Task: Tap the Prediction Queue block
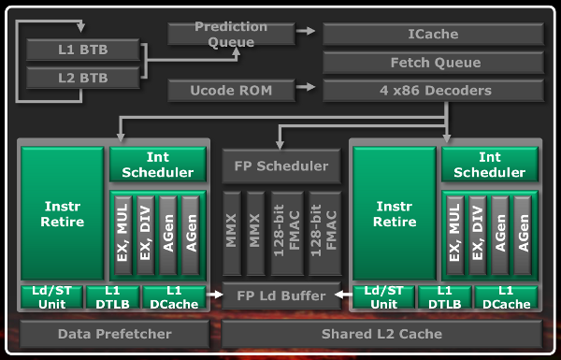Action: pos(230,34)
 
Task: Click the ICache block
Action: pos(433,35)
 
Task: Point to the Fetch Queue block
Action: pos(433,63)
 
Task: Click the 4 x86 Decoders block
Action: pos(433,91)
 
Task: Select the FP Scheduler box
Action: pos(280,166)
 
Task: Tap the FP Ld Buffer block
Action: pos(280,296)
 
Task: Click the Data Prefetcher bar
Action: pos(115,333)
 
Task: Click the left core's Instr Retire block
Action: pos(64,214)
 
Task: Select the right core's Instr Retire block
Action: pos(394,214)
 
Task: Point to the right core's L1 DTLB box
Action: pos(442,297)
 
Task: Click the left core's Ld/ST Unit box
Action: pos(52,297)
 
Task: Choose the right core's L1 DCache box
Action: pos(505,297)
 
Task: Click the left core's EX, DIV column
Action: pos(145,234)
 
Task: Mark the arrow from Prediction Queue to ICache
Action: pos(306,32)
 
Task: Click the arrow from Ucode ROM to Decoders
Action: pos(306,91)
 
